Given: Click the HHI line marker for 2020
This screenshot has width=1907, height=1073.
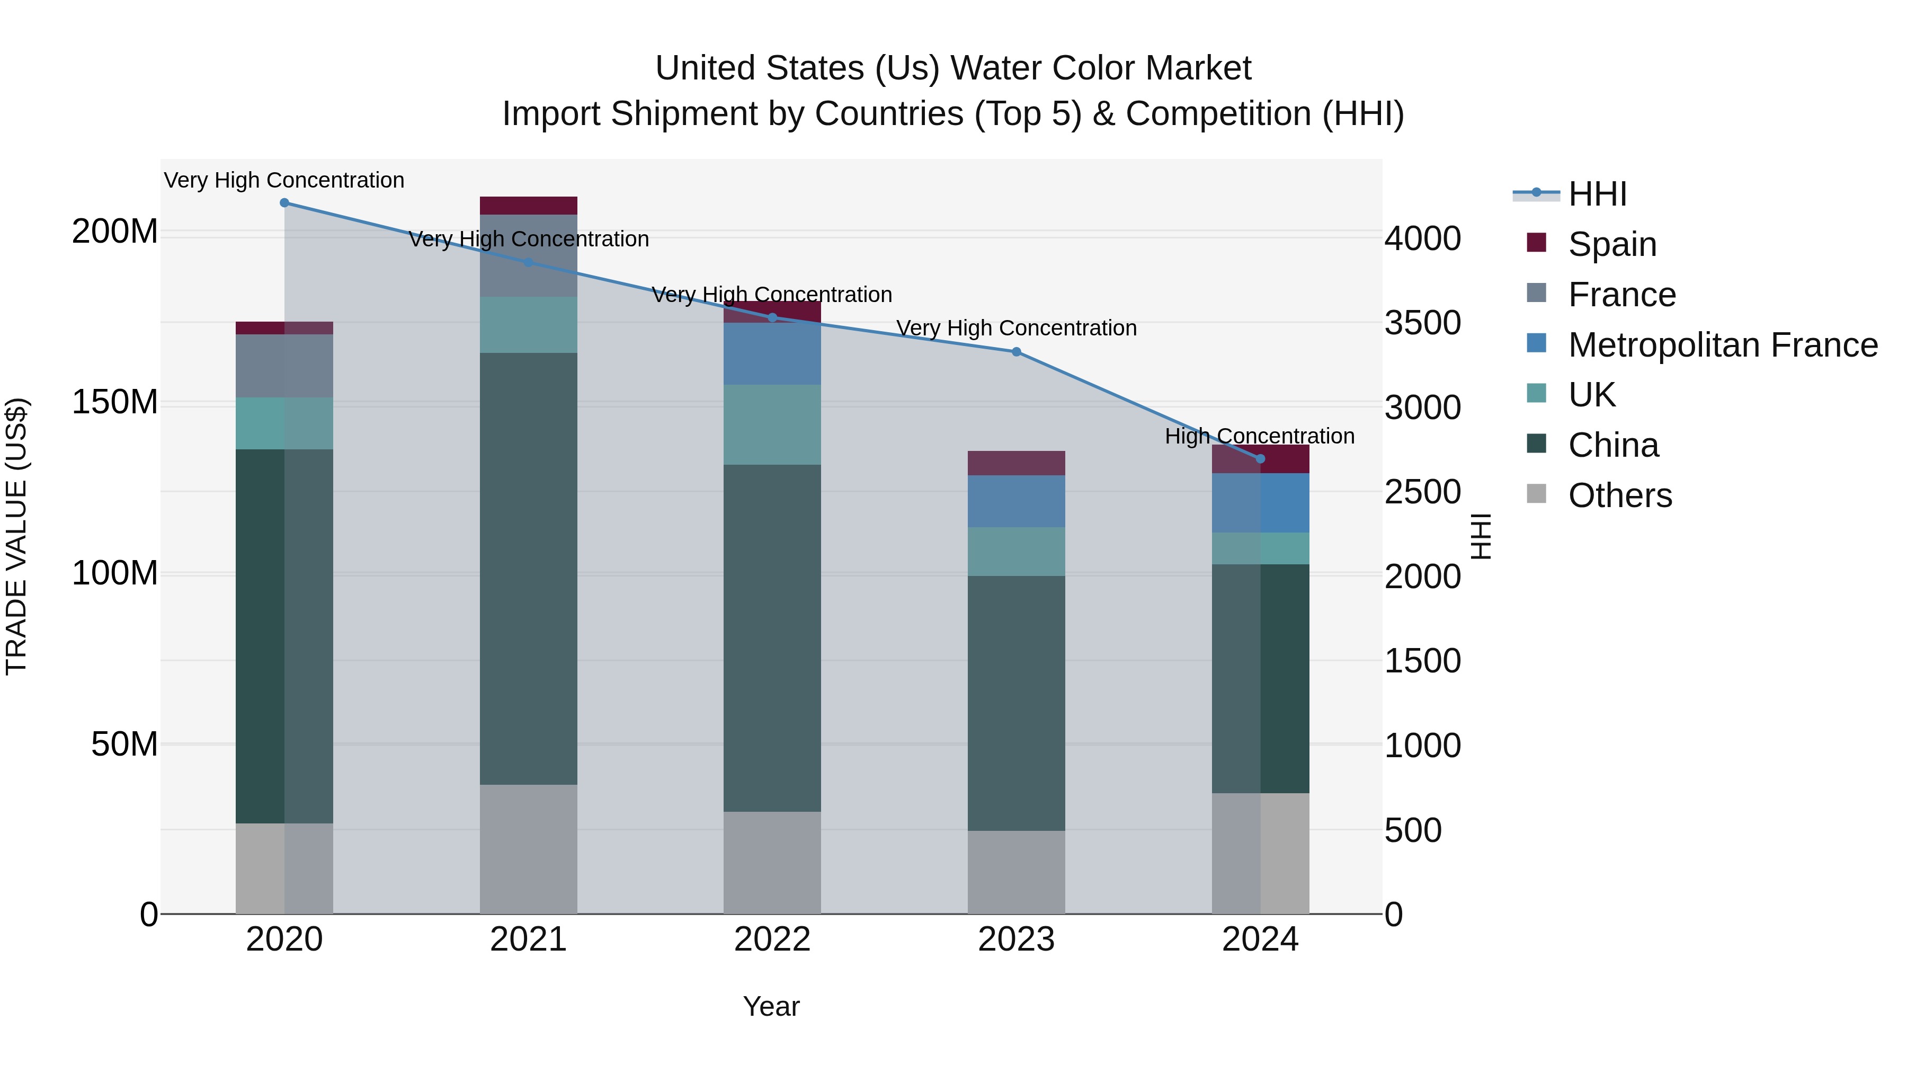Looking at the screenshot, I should (284, 203).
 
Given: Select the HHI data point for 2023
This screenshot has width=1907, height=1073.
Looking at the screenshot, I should (1017, 352).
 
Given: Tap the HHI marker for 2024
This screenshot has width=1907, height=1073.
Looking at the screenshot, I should (1261, 459).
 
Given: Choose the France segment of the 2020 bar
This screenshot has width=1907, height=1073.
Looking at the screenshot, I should (284, 366).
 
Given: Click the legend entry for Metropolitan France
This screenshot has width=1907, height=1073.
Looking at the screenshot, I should (1722, 345).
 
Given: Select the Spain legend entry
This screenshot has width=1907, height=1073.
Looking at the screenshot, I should (1611, 244).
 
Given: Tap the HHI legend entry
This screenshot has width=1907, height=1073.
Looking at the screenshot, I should (1597, 194).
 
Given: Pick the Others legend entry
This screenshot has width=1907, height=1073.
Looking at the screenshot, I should (1619, 495).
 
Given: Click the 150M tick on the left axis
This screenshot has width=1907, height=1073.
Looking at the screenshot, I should (115, 403).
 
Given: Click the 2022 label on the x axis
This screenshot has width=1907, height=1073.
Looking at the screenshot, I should (772, 939).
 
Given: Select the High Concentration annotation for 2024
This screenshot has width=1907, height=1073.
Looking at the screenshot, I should (1259, 436).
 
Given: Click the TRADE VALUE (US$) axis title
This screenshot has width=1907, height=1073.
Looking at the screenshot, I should (16, 536).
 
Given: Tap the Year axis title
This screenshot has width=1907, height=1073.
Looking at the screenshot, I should (771, 1006).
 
